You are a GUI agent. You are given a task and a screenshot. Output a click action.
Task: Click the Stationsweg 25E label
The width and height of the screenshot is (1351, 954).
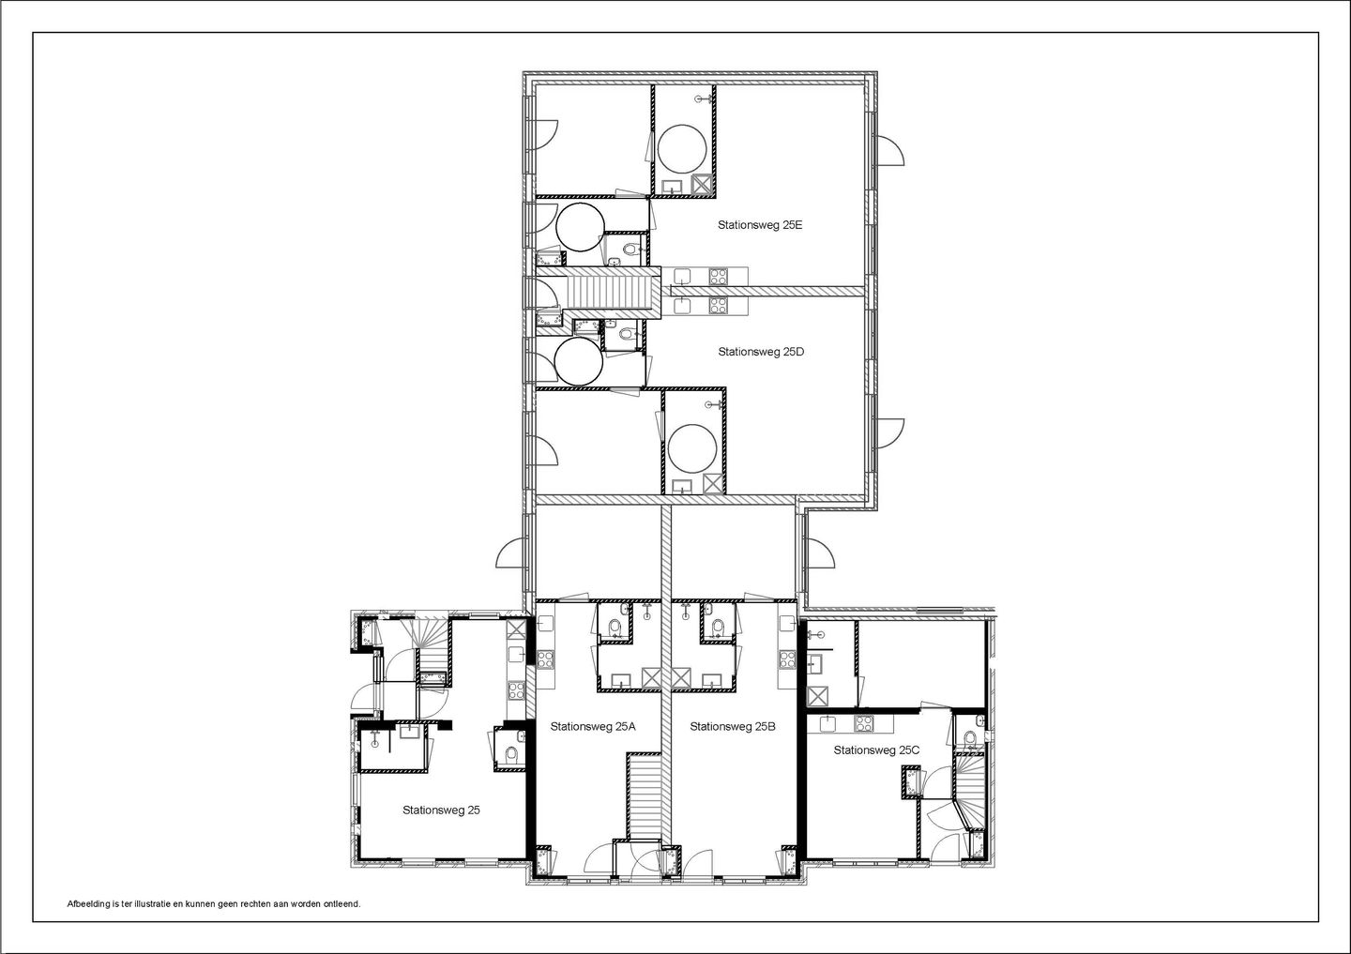coord(760,225)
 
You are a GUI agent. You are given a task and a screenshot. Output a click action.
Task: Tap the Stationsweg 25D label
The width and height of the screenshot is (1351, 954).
coord(761,352)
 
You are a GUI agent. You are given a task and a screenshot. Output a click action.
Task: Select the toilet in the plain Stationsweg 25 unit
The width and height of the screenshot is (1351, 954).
coord(510,755)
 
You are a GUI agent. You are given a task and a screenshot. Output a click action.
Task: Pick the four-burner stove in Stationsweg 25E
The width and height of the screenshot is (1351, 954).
coord(719,276)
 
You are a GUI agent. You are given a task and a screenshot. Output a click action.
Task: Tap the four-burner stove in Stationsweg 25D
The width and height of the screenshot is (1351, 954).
coord(719,305)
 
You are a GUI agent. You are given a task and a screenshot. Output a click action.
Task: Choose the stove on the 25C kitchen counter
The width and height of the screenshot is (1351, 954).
coord(861,723)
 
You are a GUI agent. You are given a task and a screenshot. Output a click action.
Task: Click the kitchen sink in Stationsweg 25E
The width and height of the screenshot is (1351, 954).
coord(683,276)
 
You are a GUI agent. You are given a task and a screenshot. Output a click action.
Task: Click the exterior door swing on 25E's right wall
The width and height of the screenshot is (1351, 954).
coord(890,150)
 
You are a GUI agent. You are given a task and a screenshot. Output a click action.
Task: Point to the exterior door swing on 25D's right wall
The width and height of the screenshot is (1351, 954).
coord(890,432)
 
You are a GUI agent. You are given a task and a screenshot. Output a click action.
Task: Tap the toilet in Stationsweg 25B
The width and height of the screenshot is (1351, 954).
coord(718,626)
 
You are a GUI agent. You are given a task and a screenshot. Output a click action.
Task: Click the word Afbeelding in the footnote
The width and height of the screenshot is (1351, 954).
coord(87,904)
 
